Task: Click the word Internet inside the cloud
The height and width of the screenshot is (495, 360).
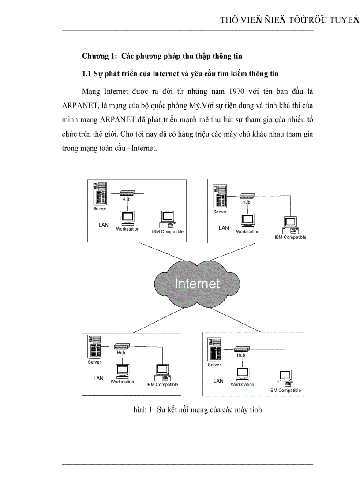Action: point(197,283)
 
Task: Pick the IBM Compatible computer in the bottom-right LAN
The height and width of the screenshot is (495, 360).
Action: point(285,377)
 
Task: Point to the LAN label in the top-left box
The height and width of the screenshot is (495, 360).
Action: point(103,225)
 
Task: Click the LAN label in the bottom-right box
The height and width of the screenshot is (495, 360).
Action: point(218,381)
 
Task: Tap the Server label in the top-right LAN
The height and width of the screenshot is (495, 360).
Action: point(220,212)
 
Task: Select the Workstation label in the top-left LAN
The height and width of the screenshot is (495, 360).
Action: point(127,229)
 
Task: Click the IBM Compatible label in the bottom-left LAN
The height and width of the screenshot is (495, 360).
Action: point(162,385)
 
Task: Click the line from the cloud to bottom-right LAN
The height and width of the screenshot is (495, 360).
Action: point(238,320)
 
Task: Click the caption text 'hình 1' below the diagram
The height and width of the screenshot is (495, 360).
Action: point(143,410)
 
